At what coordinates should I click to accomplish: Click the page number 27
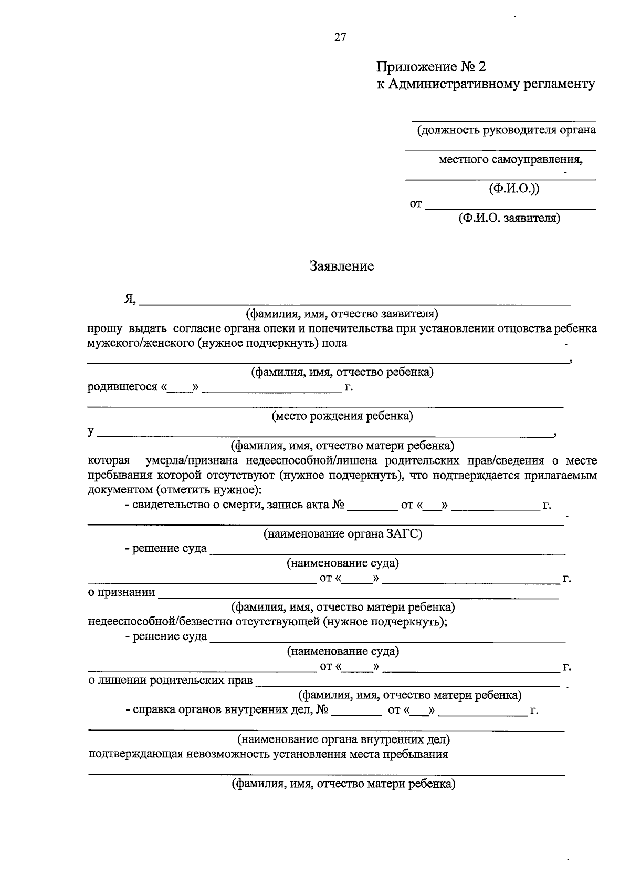coord(340,37)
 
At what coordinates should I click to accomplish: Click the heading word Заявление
coord(341,266)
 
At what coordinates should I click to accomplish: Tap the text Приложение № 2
coord(432,67)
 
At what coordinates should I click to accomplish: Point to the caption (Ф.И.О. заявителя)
coord(509,218)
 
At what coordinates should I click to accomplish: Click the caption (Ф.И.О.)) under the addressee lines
coord(513,188)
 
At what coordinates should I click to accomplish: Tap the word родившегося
coord(122,387)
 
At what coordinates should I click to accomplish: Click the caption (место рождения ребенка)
coord(342,416)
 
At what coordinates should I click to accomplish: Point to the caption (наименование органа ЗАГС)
coord(342,534)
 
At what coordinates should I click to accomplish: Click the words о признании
coord(121,593)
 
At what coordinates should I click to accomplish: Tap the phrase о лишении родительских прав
coord(170,681)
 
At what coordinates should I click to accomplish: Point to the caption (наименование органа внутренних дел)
coord(343,740)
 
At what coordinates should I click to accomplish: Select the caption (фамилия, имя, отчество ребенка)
coord(342,373)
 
